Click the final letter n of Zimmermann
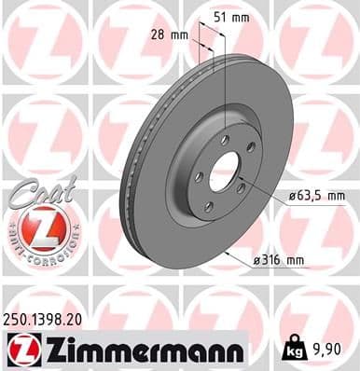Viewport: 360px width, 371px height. click(237, 350)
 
